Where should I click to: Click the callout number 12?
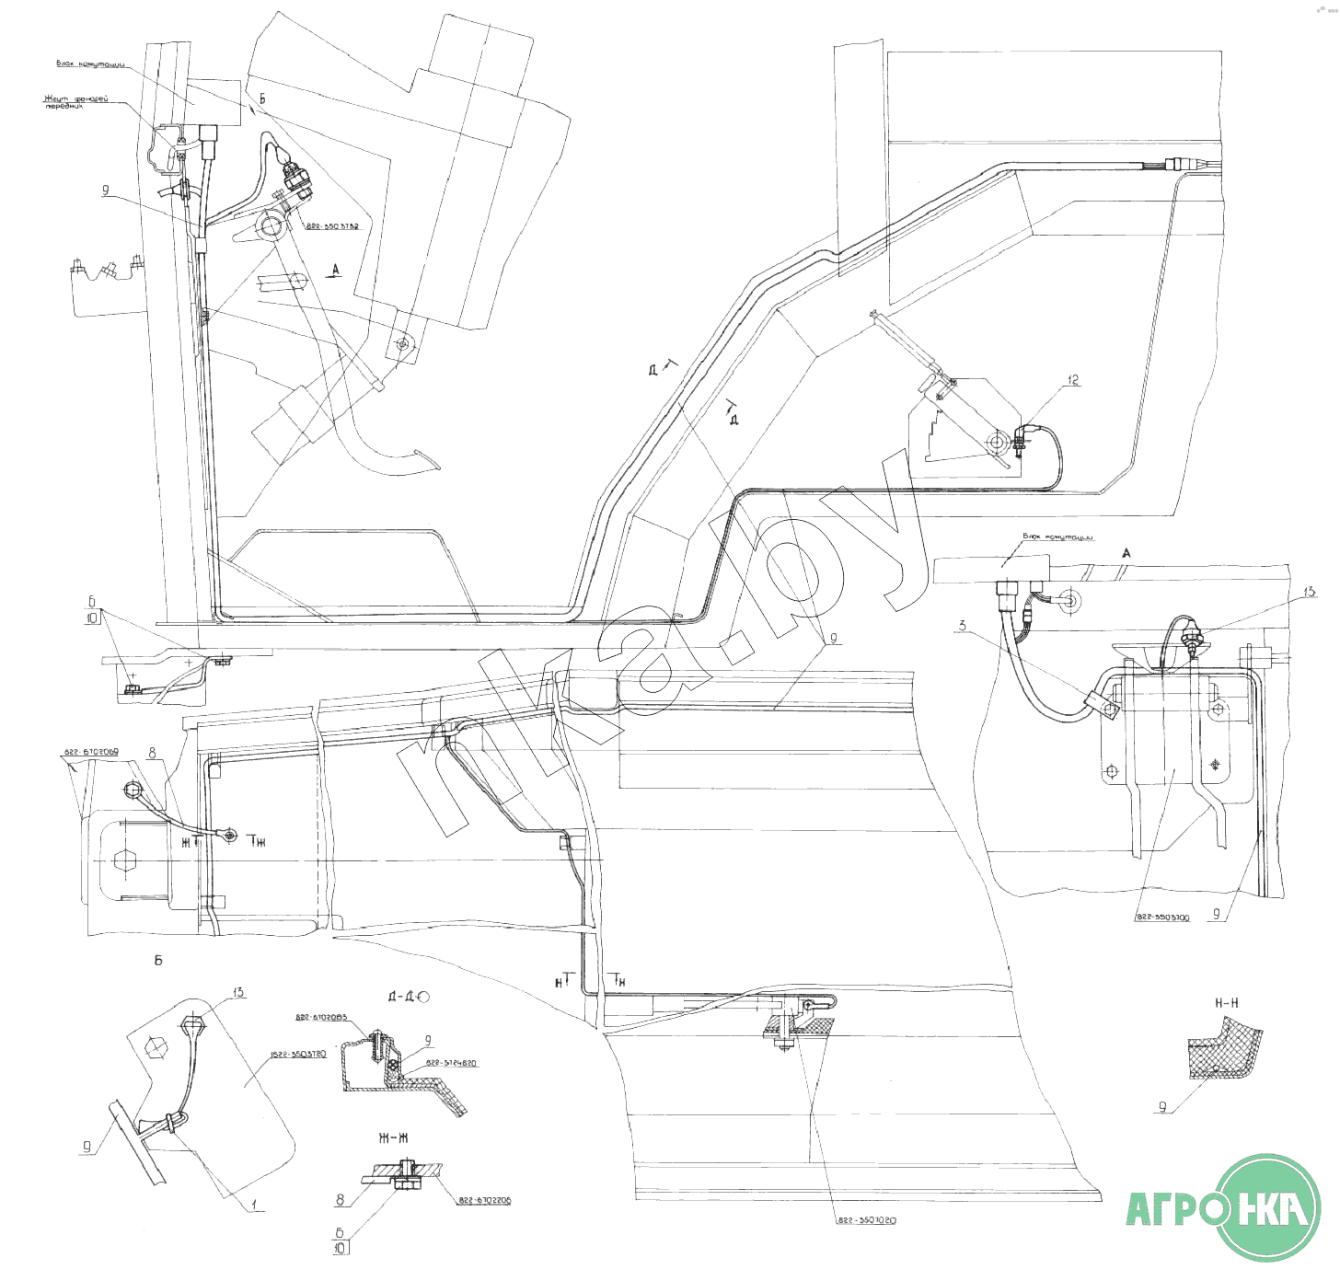coord(1073,380)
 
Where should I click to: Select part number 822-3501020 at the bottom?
coord(866,1220)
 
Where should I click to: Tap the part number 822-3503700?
coord(1161,917)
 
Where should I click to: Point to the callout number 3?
coord(963,626)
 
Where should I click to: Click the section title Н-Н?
coord(1227,1002)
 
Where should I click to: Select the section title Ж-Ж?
coord(393,1138)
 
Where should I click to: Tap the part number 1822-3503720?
coord(298,1055)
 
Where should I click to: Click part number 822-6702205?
coord(485,1201)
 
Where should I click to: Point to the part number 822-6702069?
coord(91,753)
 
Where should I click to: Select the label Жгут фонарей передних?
coord(75,102)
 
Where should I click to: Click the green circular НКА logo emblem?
coord(1268,1206)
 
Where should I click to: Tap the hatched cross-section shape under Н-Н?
coord(1224,1054)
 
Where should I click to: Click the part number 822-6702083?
coord(321,1018)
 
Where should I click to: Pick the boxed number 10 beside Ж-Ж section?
coord(341,1249)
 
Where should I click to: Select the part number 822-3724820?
coord(451,1063)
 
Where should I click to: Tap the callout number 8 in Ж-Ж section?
coord(340,1200)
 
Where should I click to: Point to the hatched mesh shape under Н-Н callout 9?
coord(1224,1054)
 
